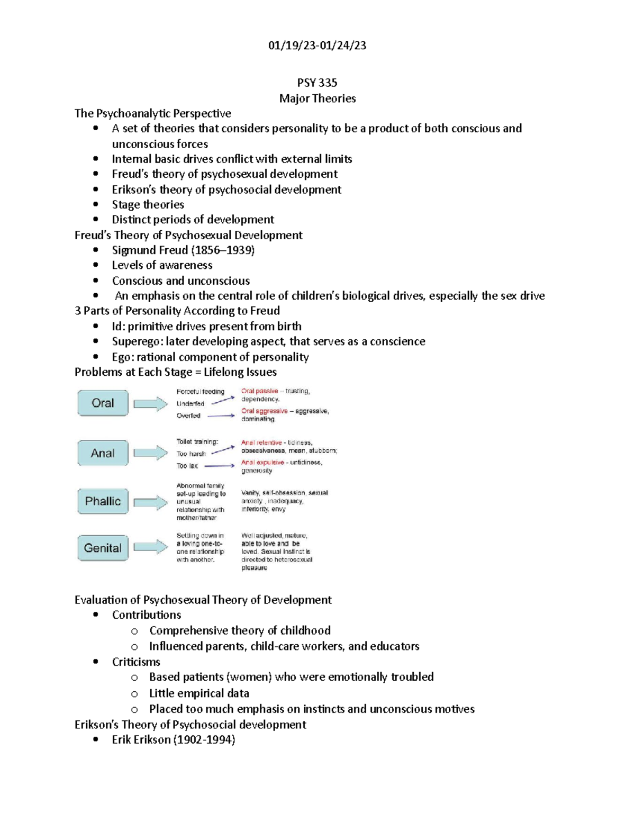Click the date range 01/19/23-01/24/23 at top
click(x=317, y=46)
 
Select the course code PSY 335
click(x=317, y=83)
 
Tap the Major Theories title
click(x=317, y=98)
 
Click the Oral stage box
click(x=103, y=403)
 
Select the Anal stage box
click(x=103, y=453)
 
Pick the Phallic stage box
click(x=103, y=501)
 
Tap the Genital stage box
click(x=103, y=548)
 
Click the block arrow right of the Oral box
click(x=150, y=404)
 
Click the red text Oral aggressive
click(x=264, y=411)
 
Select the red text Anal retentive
click(x=261, y=442)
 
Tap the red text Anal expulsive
click(x=262, y=462)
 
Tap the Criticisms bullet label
click(x=136, y=662)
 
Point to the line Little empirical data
click(x=199, y=693)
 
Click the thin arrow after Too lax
click(x=219, y=466)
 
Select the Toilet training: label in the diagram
click(x=197, y=441)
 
